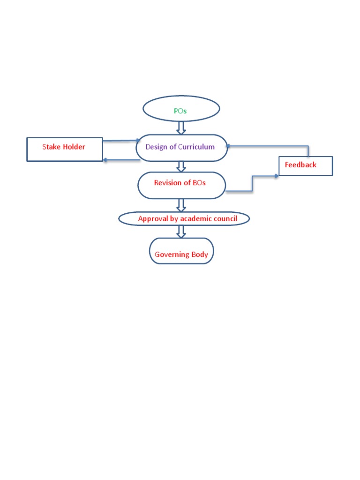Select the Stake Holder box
65,149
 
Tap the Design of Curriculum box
181,148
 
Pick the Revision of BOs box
181,185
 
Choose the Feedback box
306,165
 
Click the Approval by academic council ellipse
184,218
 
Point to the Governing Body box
181,251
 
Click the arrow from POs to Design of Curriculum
181,127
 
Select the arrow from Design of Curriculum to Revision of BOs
181,166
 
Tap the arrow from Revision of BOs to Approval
181,205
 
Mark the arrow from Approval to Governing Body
181,231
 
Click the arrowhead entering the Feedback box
276,176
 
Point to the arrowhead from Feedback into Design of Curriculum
228,145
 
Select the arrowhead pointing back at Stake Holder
105,160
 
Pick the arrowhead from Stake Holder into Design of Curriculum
138,140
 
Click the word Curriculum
196,147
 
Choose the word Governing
172,255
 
